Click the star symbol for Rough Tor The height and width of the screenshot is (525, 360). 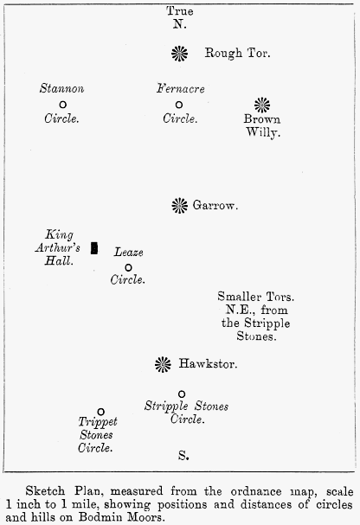[x=179, y=54]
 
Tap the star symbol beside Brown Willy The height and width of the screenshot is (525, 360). [x=262, y=106]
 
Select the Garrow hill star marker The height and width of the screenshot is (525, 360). [x=179, y=205]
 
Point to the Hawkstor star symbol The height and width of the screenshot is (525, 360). [x=163, y=364]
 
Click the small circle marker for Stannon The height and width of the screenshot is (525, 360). [x=62, y=105]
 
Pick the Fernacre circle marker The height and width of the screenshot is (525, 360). [x=179, y=105]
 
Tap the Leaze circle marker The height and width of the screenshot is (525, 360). [x=128, y=267]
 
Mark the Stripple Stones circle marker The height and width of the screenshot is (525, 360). [x=182, y=394]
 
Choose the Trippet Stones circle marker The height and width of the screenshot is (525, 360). [x=100, y=412]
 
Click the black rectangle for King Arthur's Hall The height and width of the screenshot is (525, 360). [x=94, y=248]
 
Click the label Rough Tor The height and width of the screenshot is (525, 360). [x=237, y=54]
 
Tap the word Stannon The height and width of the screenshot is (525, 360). [x=62, y=88]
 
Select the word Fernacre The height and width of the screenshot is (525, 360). [x=181, y=88]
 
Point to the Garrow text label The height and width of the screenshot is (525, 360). [x=215, y=205]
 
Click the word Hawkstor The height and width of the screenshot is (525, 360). [x=208, y=363]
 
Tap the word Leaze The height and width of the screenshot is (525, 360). [x=129, y=252]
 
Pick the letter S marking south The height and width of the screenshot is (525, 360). [x=183, y=455]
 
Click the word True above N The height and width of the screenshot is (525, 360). [x=180, y=11]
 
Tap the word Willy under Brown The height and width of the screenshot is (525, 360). [x=263, y=132]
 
